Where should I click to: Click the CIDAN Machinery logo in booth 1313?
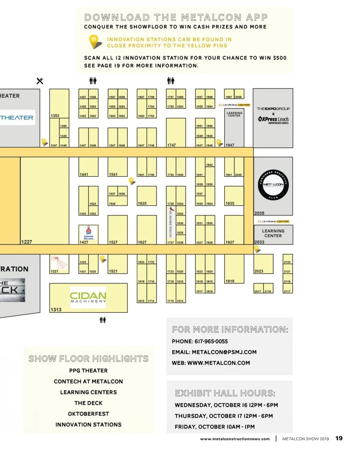click(88, 295)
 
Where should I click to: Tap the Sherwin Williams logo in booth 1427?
click(88, 233)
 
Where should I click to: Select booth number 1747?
click(172, 145)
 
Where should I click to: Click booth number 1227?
click(26, 242)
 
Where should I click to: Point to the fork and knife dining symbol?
click(40, 81)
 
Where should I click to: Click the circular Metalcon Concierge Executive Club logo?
click(273, 184)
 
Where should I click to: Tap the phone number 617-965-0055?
click(211, 341)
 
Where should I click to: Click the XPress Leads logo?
click(273, 120)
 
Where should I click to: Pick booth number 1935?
click(230, 203)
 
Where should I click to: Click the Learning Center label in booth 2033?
click(273, 233)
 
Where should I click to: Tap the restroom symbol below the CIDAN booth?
click(103, 320)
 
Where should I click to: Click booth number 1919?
click(230, 281)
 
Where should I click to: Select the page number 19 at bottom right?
click(339, 438)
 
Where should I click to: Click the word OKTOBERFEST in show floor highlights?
click(88, 414)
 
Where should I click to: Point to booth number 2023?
click(259, 271)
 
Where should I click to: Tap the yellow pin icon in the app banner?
click(94, 42)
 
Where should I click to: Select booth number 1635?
click(142, 203)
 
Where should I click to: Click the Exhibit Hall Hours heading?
click(225, 393)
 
